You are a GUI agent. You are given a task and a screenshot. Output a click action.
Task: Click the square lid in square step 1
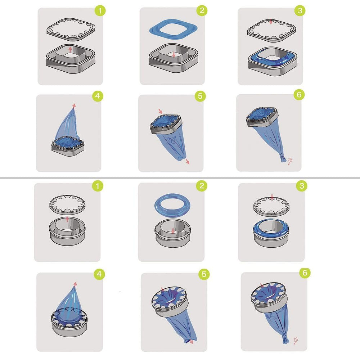(x=70, y=31)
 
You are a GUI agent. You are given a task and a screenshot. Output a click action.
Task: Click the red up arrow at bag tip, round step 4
(x=75, y=284)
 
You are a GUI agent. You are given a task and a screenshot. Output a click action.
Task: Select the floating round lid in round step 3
(x=271, y=206)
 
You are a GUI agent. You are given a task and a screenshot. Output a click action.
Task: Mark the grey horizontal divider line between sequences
(x=180, y=177)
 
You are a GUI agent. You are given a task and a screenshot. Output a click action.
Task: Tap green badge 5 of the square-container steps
(x=200, y=96)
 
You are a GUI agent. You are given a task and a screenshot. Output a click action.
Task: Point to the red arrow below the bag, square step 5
(x=188, y=162)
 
